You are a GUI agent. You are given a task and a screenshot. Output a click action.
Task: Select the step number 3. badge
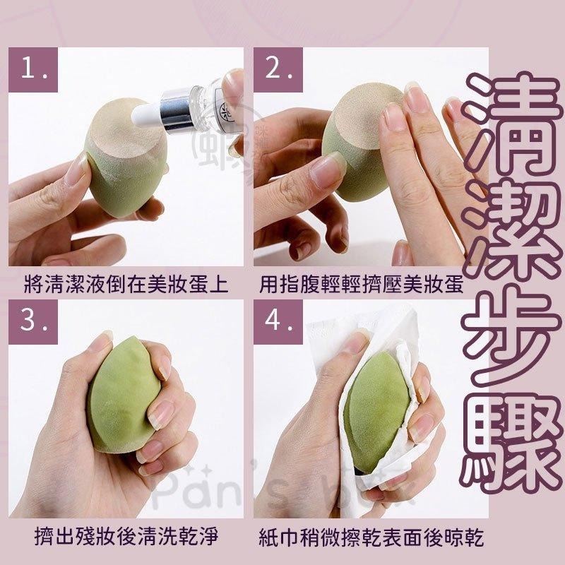click(37, 322)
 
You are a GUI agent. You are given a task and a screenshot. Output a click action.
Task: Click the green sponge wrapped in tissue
click(378, 417)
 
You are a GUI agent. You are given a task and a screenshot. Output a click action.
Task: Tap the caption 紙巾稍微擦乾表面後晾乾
click(370, 539)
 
